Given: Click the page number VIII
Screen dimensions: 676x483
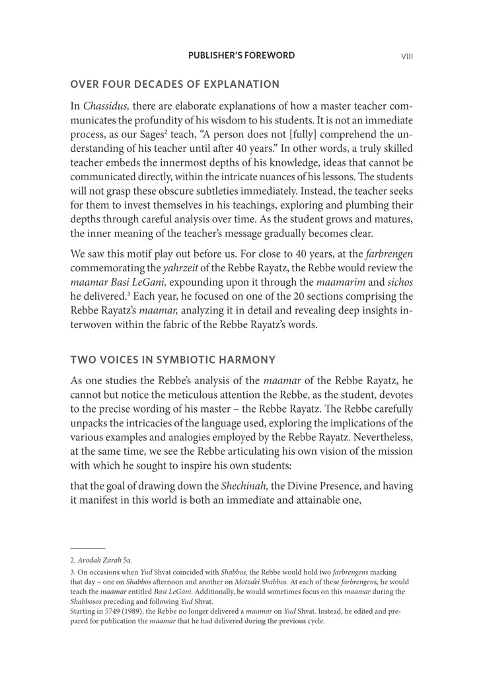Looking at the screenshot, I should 407,56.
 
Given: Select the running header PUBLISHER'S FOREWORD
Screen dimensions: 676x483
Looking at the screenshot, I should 242,55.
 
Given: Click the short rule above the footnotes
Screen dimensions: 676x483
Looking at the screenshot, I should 87,548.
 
